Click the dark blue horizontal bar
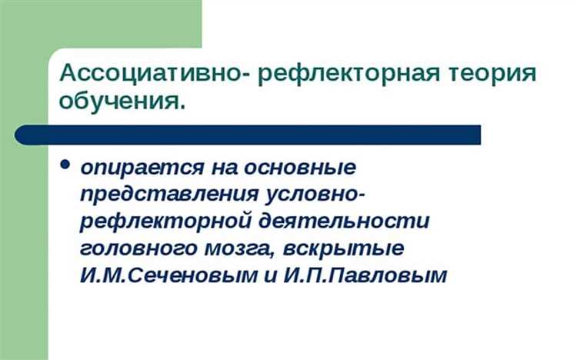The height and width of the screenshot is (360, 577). pyautogui.click(x=246, y=135)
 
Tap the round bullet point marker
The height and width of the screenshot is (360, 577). pyautogui.click(x=65, y=165)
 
